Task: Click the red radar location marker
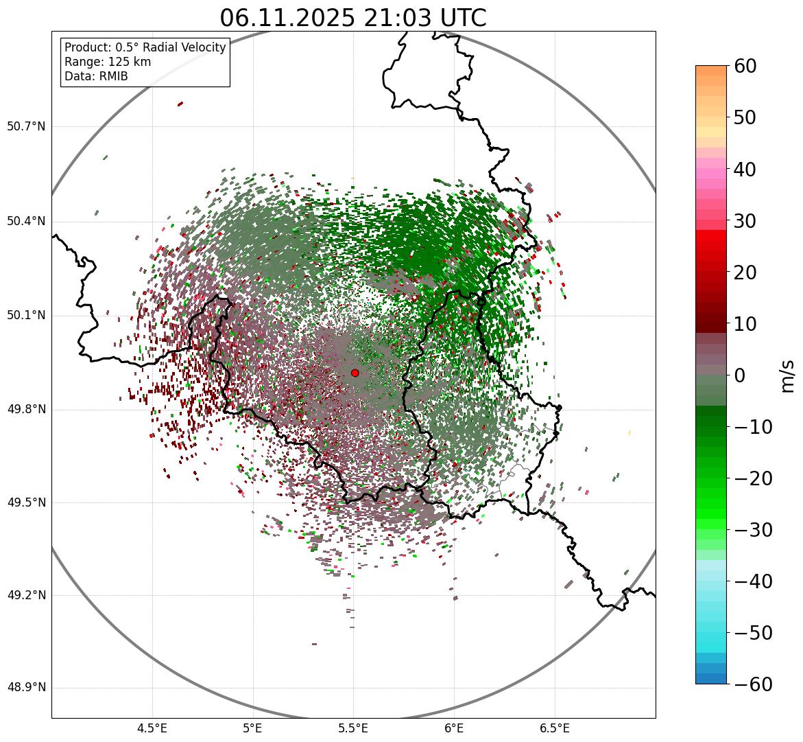click(355, 373)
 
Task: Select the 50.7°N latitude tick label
click(27, 126)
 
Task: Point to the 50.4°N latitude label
click(27, 221)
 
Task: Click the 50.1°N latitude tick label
click(27, 316)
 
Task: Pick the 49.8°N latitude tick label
click(27, 410)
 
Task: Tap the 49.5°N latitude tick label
click(27, 502)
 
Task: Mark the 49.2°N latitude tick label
click(27, 595)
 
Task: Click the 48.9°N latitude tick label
click(27, 688)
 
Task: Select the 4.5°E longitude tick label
click(152, 728)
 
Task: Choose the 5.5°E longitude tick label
click(353, 728)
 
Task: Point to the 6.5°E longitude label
click(554, 728)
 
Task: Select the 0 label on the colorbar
click(740, 375)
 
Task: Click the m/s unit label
click(789, 375)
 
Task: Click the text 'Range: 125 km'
click(108, 62)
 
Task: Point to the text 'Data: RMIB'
click(96, 76)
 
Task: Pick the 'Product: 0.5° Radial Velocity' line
click(145, 47)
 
